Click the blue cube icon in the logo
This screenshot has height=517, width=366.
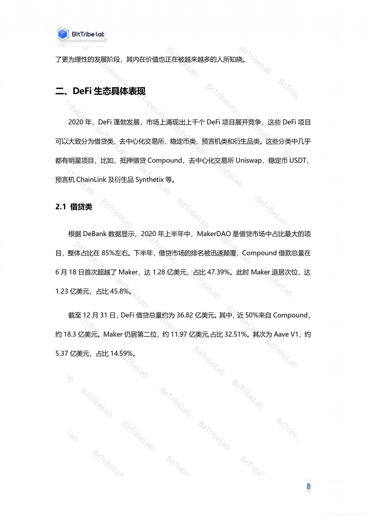click(x=63, y=34)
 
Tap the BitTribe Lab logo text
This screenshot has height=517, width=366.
click(x=88, y=34)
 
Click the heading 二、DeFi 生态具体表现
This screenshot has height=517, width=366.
click(x=100, y=91)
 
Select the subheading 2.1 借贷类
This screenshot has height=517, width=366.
click(x=74, y=207)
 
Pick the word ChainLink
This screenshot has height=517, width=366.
click(x=91, y=180)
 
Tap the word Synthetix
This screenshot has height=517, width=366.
click(x=149, y=180)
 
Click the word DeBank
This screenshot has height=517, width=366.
click(x=94, y=234)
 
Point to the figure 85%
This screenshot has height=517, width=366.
click(x=108, y=253)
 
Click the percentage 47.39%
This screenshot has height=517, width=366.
click(x=219, y=272)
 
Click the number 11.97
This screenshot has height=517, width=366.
click(x=179, y=334)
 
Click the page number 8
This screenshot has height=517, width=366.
click(x=308, y=486)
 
